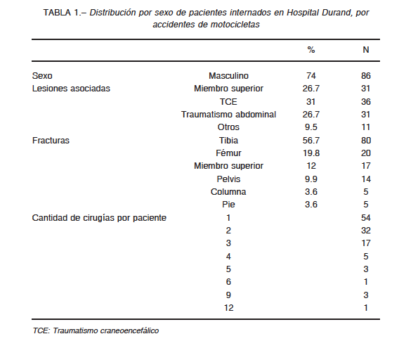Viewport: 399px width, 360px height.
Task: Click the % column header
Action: point(311,50)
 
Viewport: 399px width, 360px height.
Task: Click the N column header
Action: point(366,50)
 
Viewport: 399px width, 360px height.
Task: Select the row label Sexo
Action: point(42,76)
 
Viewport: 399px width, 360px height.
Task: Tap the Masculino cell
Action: point(228,76)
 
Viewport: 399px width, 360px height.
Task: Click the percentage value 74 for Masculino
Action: point(311,76)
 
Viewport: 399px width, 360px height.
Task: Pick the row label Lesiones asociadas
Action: point(71,89)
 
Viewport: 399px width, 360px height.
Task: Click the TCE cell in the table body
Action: point(228,102)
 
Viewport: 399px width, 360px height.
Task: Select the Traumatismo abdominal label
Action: point(228,115)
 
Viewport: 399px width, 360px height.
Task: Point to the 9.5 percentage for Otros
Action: point(311,127)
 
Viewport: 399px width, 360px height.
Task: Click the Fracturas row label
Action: point(51,141)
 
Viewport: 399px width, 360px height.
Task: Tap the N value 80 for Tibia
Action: point(366,141)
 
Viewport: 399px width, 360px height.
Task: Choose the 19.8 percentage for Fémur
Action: point(311,153)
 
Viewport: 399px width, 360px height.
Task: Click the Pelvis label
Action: point(228,179)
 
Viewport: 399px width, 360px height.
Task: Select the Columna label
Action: point(228,192)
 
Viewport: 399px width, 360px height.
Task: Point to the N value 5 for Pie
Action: point(366,205)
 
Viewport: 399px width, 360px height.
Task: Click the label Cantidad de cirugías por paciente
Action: point(99,218)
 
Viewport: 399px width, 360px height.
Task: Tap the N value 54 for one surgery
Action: point(366,218)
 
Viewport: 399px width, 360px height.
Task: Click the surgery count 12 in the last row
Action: point(228,308)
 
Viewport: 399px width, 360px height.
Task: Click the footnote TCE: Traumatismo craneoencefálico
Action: point(96,330)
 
